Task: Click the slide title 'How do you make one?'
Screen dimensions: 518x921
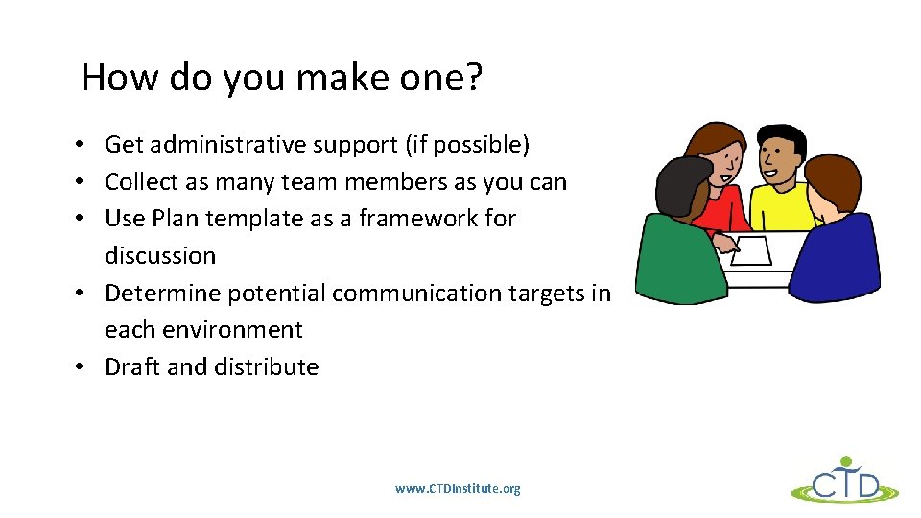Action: (282, 78)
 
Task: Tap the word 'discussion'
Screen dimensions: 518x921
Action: (160, 256)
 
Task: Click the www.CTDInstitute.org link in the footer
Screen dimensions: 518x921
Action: (458, 489)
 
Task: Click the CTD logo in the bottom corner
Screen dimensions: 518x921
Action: (844, 480)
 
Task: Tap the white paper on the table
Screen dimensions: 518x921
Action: (751, 250)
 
